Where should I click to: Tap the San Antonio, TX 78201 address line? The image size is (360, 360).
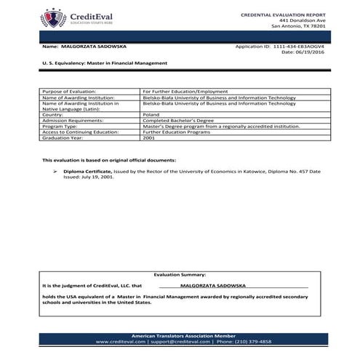(x=298, y=26)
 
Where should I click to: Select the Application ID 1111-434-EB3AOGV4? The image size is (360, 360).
(x=297, y=45)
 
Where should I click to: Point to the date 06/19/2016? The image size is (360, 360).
(x=313, y=52)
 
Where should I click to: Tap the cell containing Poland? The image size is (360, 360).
(x=152, y=114)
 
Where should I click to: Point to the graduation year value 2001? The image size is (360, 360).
(x=149, y=137)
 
